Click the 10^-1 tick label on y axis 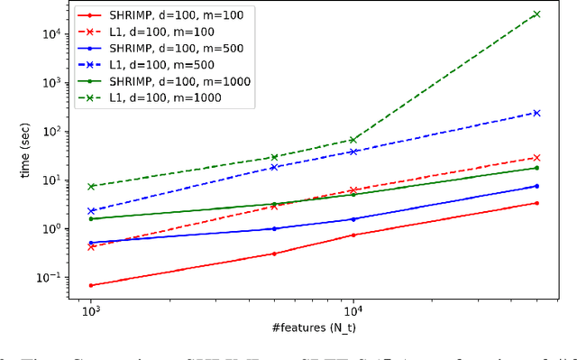tap(45, 277)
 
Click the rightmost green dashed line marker tap(537, 14)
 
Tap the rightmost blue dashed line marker tap(537, 113)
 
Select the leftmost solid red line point tap(91, 285)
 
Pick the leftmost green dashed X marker tap(91, 187)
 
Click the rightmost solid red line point tap(537, 203)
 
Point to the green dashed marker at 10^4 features tap(353, 140)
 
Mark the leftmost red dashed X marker tap(91, 246)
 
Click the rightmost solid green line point tap(537, 168)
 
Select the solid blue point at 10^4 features tap(353, 219)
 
